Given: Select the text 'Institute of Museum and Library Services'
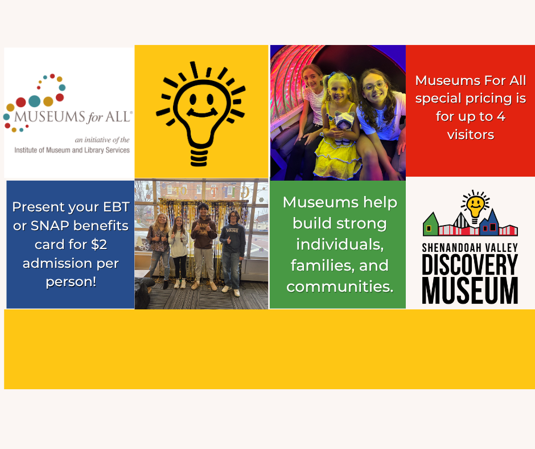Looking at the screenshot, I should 72,150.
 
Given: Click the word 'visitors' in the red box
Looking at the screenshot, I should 470,135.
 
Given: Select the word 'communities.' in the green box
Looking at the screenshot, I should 340,286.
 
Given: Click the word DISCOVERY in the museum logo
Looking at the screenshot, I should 470,265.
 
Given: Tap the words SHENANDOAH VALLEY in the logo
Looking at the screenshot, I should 470,247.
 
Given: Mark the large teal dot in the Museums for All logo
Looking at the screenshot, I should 35,101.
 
